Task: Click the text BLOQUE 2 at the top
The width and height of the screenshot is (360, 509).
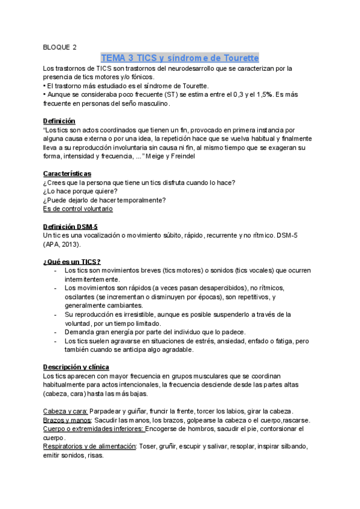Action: pos(60,47)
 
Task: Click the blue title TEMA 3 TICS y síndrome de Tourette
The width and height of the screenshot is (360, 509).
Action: pos(180,58)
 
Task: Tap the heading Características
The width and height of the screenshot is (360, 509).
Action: pos(67,173)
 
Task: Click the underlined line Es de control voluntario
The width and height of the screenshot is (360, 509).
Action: pos(78,209)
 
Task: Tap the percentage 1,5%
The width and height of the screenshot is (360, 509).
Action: pos(263,95)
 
